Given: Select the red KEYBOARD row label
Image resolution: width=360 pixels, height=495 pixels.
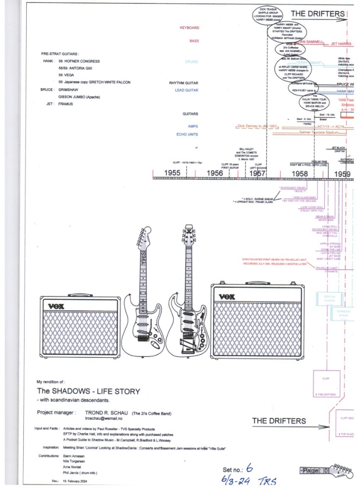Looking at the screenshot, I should [189, 28].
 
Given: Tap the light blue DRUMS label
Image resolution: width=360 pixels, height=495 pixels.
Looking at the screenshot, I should [191, 62].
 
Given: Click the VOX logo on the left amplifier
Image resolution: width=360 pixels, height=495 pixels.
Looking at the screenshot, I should [53, 304].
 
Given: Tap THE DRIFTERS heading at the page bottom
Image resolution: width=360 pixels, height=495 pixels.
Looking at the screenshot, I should [279, 421].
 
